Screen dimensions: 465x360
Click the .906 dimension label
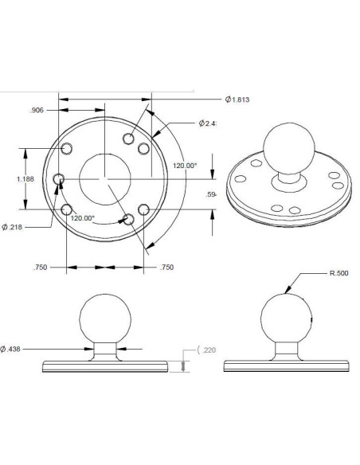[x=37, y=110]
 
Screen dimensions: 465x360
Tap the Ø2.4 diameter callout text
[x=209, y=123]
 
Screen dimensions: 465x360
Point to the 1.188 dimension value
[x=25, y=179]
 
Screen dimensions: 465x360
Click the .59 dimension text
[x=211, y=194]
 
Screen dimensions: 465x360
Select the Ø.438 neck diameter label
[x=13, y=349]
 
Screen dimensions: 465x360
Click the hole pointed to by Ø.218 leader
[x=57, y=181]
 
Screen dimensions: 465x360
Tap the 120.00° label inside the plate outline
[x=84, y=217]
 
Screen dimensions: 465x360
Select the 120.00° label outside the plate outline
[x=185, y=166]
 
